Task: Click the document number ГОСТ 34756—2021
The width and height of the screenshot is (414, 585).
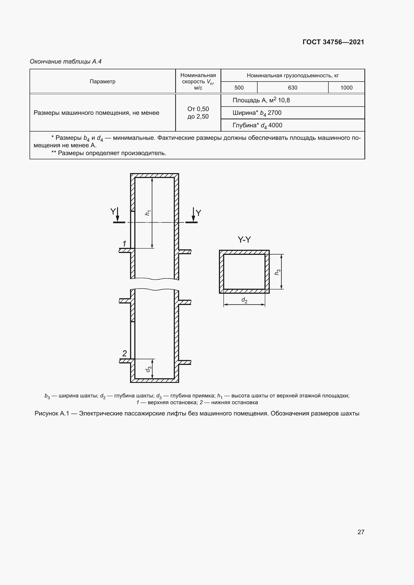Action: (x=333, y=42)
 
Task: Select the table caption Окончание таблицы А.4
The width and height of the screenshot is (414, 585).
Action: (x=66, y=62)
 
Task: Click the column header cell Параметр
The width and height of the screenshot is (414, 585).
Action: (x=102, y=82)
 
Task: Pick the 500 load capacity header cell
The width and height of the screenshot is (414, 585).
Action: (x=239, y=88)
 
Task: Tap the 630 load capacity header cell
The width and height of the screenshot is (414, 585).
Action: (x=292, y=88)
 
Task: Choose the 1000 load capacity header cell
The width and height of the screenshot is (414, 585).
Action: (x=346, y=88)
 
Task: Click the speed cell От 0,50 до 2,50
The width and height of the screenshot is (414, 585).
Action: (x=198, y=113)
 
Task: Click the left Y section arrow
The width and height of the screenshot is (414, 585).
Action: (x=117, y=215)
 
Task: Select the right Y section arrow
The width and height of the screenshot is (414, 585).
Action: (x=193, y=215)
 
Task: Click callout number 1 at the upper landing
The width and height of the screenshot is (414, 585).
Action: (x=124, y=244)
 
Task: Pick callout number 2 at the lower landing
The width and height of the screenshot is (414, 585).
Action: (x=124, y=353)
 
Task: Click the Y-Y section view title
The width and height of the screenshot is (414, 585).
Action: (x=244, y=240)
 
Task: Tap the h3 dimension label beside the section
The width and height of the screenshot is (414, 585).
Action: (x=277, y=272)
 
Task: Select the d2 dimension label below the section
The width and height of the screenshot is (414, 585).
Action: (x=244, y=300)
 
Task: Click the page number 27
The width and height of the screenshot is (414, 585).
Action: (x=361, y=532)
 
